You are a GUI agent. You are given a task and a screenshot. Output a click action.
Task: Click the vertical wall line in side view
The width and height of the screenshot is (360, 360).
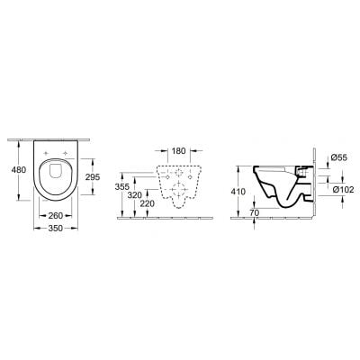click(x=314, y=180)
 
